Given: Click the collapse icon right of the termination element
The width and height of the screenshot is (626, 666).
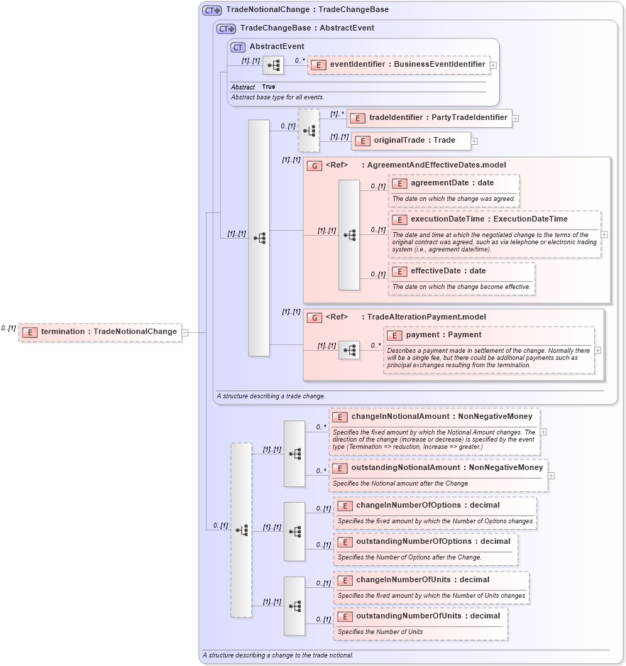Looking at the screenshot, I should click(185, 332).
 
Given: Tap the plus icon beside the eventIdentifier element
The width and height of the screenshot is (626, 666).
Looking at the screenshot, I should click(493, 65).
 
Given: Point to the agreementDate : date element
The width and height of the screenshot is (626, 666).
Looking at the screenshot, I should click(453, 183).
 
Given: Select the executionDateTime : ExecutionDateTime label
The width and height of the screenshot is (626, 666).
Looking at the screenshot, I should click(488, 219).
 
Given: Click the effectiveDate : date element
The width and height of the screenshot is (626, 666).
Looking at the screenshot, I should click(449, 271).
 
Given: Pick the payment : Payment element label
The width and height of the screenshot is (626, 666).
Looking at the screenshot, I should click(443, 335).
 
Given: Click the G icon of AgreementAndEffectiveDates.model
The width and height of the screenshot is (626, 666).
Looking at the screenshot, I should click(314, 165).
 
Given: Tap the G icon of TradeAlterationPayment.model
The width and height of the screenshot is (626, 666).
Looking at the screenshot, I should click(314, 317).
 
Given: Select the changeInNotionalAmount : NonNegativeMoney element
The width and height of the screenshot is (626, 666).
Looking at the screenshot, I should click(434, 417).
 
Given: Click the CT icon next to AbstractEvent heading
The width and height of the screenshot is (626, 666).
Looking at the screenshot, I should click(238, 47).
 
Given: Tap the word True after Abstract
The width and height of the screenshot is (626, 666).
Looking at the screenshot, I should click(268, 87).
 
